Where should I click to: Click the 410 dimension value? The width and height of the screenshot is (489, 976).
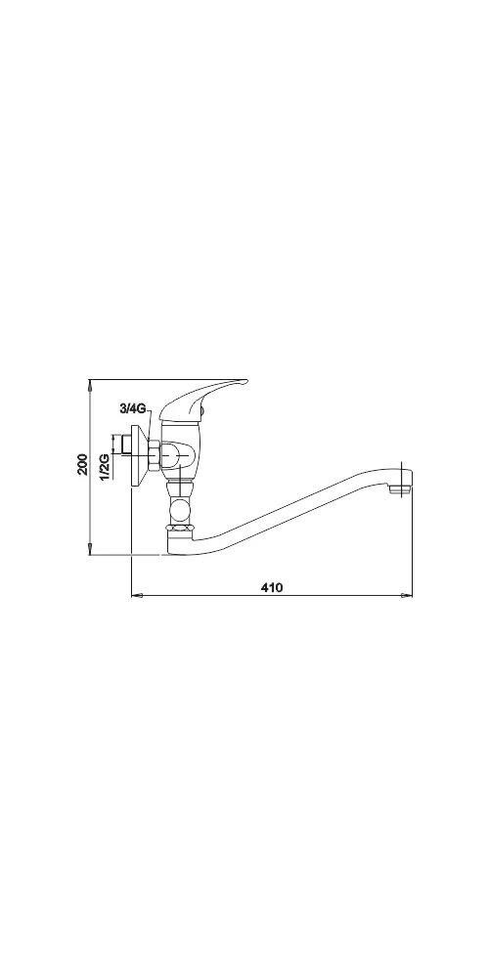click(272, 587)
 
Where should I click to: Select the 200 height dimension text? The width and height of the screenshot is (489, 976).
click(83, 464)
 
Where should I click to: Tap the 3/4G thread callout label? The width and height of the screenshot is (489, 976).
click(133, 409)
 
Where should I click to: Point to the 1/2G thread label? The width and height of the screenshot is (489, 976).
click(105, 466)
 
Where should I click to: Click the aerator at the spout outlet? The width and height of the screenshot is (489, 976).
click(399, 489)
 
